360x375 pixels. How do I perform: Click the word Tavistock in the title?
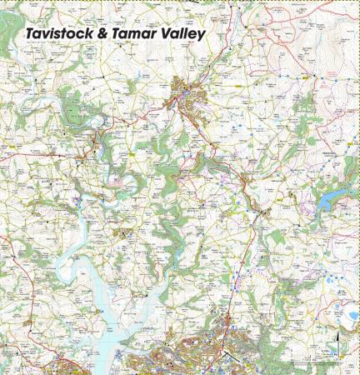[60, 32]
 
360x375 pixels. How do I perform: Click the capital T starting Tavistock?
[30, 32]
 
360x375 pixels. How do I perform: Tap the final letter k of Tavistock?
[92, 32]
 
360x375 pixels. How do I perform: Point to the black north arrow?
[337, 338]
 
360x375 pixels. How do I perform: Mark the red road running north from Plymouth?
[237, 275]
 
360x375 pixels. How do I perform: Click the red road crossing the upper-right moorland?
[275, 100]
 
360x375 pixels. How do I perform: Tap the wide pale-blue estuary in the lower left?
[104, 300]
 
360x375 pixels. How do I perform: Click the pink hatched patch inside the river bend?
[119, 179]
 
